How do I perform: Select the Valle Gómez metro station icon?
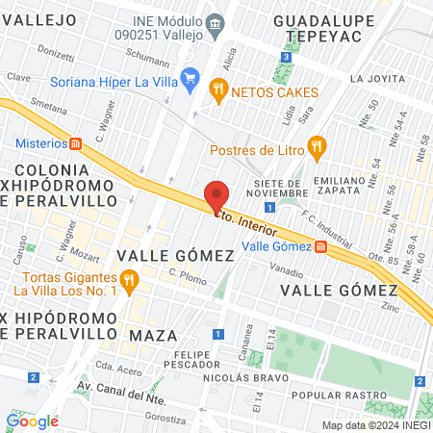[x=324, y=246]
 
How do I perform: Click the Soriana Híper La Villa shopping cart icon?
[x=191, y=81]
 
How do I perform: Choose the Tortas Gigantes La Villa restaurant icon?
[x=132, y=280]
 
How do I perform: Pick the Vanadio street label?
[x=287, y=273]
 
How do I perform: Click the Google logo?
[x=33, y=420]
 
